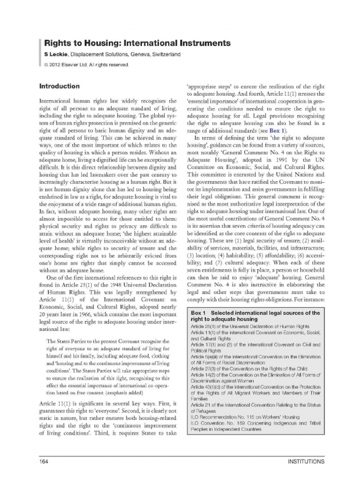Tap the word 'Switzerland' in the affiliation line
click(165, 54)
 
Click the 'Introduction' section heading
click(59, 87)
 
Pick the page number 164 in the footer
click(45, 462)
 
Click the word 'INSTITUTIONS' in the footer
click(306, 462)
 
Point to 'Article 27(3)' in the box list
click(205, 369)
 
